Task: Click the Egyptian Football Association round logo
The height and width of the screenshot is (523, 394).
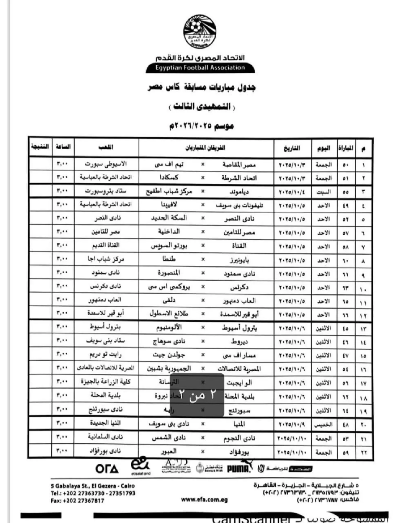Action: (x=200, y=31)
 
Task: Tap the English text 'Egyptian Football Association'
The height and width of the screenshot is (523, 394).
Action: (x=200, y=68)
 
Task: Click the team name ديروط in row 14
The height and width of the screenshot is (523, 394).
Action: (x=239, y=341)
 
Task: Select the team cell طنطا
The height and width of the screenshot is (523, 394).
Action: (x=169, y=259)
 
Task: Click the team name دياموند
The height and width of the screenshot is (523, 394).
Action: (x=239, y=192)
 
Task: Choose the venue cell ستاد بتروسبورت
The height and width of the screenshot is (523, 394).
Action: (x=106, y=191)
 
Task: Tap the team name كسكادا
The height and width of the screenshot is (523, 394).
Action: (x=169, y=178)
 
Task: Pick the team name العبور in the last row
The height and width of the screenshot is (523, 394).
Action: (x=169, y=451)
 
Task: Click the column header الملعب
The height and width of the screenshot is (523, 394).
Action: (x=106, y=147)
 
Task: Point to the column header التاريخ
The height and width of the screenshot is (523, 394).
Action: (x=292, y=148)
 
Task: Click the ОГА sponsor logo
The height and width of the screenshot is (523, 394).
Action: (x=107, y=469)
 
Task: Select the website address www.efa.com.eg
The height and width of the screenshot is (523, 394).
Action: (x=204, y=500)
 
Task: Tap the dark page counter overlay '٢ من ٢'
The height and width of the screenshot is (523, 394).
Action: (x=197, y=395)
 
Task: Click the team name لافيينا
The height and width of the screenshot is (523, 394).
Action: (x=169, y=205)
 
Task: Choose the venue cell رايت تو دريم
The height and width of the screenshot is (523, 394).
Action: (x=106, y=355)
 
